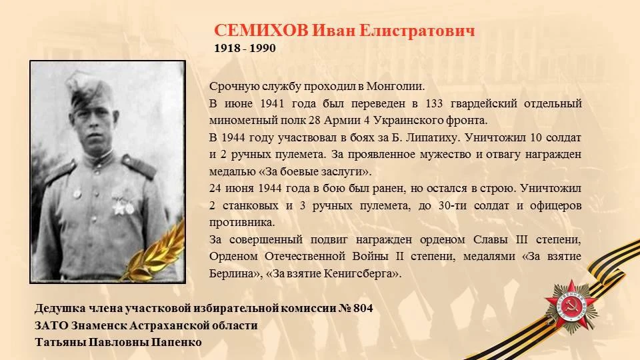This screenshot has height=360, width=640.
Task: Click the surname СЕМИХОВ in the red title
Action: coord(261,31)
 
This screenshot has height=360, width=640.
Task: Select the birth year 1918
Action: coord(227,48)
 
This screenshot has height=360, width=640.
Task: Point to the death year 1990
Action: coord(263,48)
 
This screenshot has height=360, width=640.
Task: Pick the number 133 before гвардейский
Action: coord(434,104)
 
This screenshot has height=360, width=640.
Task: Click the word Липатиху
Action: coord(433,138)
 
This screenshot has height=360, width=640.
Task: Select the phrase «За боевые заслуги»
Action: coord(315,171)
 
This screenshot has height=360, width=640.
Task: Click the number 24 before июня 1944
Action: coord(215,189)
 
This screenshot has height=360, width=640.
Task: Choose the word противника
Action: coord(242,223)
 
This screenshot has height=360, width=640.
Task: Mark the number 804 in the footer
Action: coord(363,308)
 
